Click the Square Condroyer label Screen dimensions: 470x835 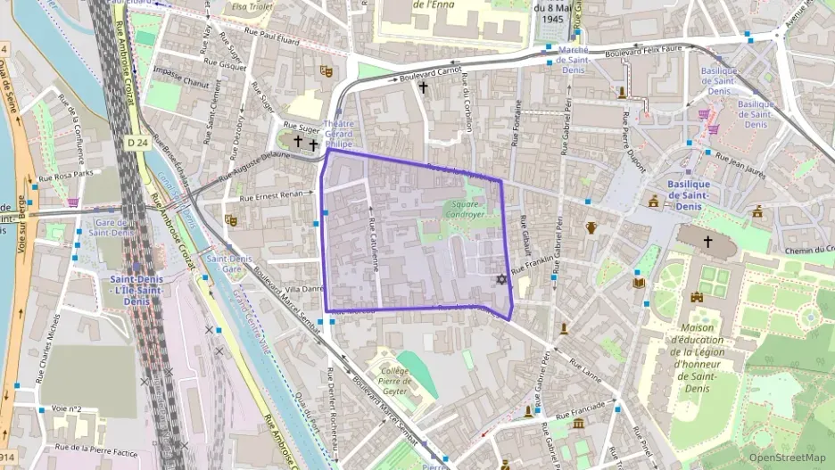465,209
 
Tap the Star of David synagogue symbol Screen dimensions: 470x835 501,280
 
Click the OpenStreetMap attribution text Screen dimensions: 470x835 788,458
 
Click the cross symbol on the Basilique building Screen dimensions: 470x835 708,241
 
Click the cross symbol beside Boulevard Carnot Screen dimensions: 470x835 423,87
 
